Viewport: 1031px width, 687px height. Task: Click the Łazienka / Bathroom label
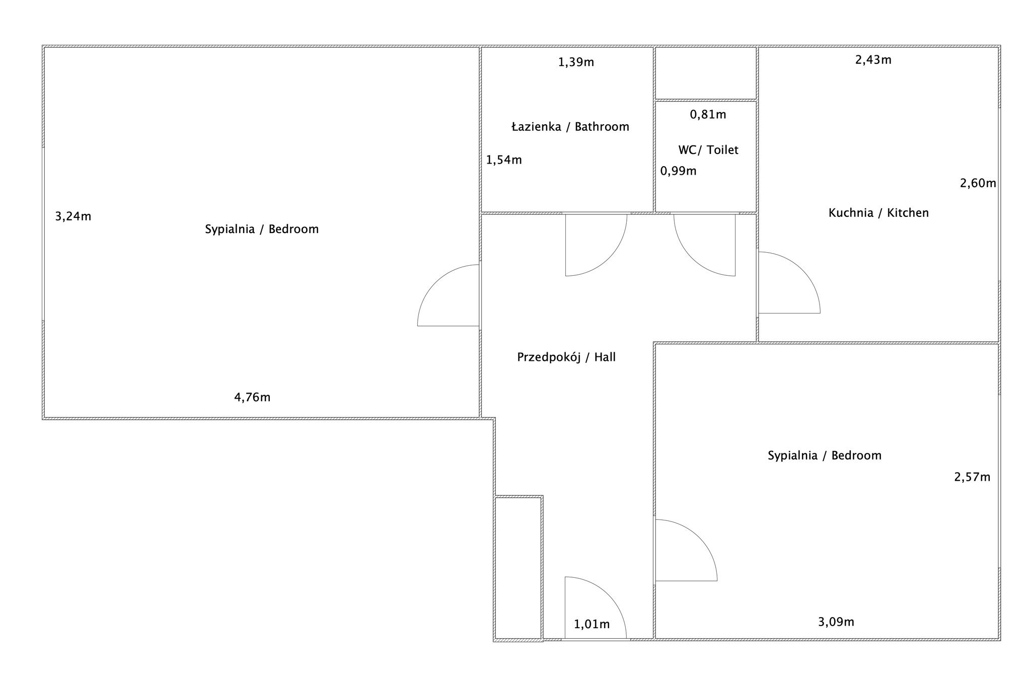tap(570, 127)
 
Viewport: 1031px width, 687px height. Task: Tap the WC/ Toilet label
tap(708, 150)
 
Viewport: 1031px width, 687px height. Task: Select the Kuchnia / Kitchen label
tap(878, 213)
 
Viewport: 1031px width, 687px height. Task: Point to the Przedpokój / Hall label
tap(566, 357)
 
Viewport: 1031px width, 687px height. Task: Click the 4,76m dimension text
tap(252, 398)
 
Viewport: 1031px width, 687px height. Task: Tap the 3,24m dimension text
tap(73, 216)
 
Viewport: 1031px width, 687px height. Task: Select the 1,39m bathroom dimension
tap(576, 62)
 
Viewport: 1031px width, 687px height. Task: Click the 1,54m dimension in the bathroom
tap(504, 160)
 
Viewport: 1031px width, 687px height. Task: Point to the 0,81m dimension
tap(708, 115)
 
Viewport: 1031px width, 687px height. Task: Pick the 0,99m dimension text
tap(679, 171)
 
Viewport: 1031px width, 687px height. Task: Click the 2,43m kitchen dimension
tap(873, 60)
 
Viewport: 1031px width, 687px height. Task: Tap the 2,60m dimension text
tap(978, 183)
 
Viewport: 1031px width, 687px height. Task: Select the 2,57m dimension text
tap(972, 477)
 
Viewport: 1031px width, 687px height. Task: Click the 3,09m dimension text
tap(836, 622)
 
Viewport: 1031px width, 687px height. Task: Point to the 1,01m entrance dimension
tap(592, 625)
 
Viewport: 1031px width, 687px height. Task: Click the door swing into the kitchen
tap(802, 270)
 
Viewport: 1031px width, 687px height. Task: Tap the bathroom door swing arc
tap(609, 258)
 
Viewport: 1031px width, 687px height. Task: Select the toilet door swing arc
tap(692, 258)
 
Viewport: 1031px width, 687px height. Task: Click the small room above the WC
tap(706, 73)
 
